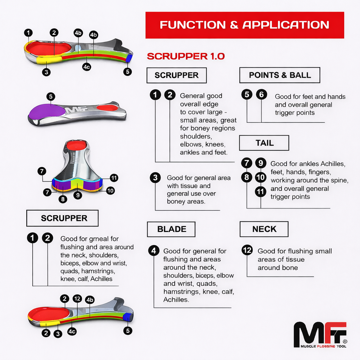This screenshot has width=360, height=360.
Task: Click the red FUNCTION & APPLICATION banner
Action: [x=245, y=25]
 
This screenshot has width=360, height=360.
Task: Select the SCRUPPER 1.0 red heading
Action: [x=186, y=57]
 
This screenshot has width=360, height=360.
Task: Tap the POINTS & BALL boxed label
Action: [x=280, y=75]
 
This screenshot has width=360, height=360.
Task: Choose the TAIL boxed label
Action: [x=264, y=143]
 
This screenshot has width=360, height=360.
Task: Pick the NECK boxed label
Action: [x=264, y=229]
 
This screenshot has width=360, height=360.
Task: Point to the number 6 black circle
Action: [x=261, y=94]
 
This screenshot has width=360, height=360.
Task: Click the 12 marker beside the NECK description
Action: [x=247, y=250]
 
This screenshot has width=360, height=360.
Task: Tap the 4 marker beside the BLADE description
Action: [x=154, y=250]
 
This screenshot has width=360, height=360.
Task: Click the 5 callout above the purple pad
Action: [x=51, y=96]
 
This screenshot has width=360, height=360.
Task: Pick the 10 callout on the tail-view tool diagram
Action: [x=110, y=191]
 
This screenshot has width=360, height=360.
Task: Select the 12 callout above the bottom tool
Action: [x=77, y=299]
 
